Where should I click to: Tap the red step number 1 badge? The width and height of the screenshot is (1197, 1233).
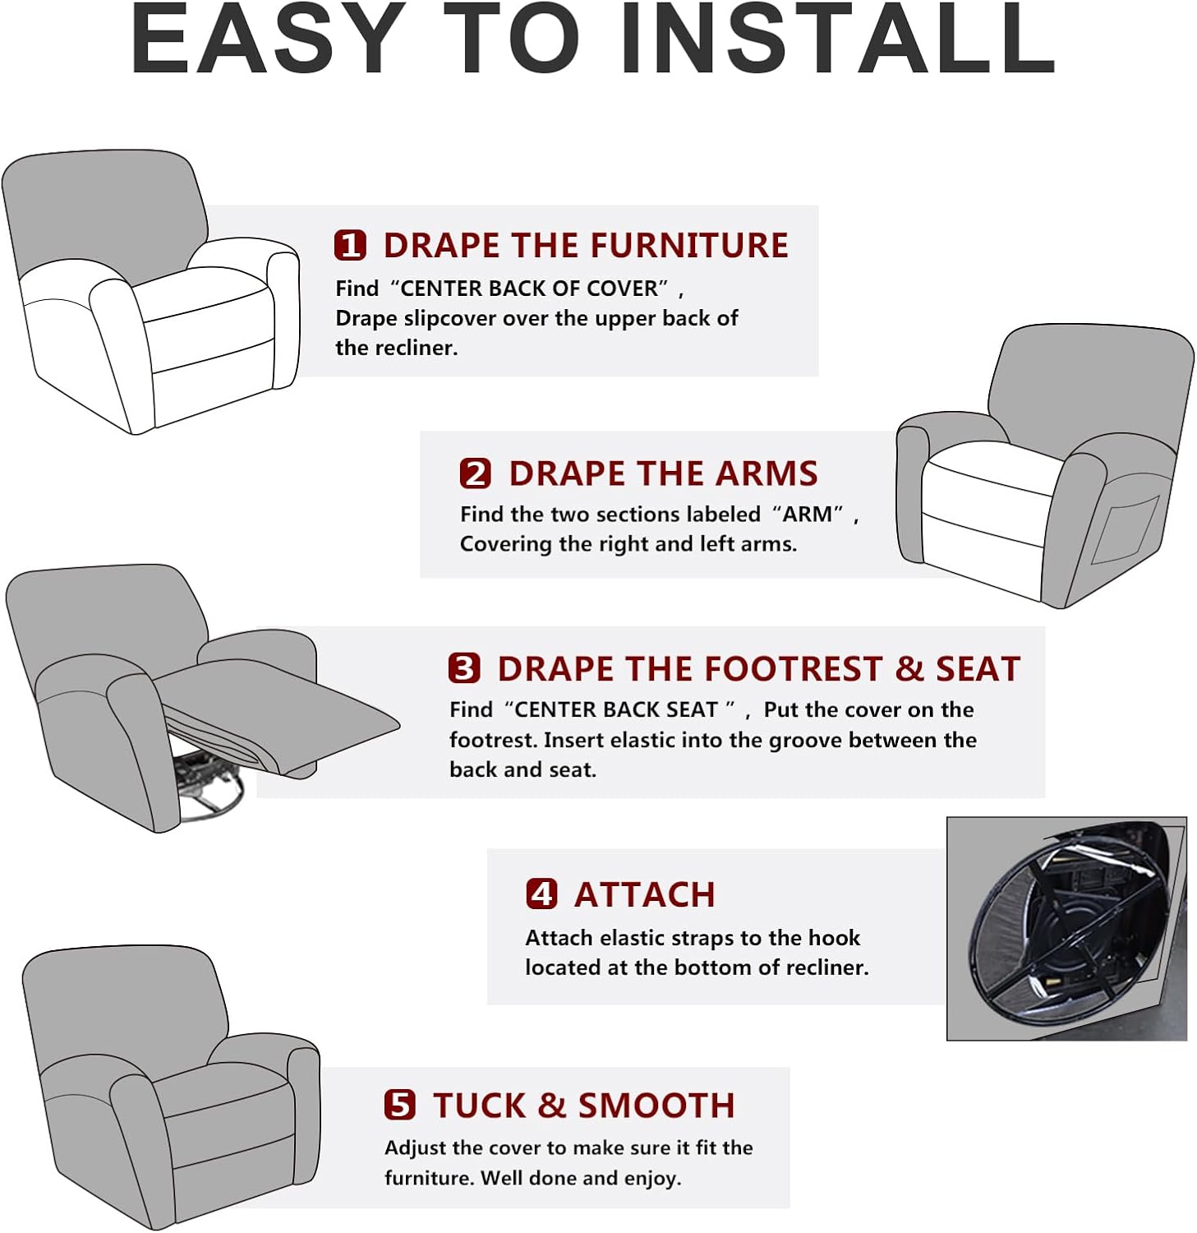point(350,245)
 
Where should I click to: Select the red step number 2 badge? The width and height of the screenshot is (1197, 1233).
point(475,473)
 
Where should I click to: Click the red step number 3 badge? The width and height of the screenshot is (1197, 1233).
point(464,668)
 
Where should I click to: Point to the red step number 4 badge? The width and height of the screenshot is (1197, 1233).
point(541,894)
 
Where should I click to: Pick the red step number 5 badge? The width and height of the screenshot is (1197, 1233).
point(400,1105)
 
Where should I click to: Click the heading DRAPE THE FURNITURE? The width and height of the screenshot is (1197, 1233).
point(586,246)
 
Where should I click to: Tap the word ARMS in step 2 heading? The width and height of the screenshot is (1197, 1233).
point(767,473)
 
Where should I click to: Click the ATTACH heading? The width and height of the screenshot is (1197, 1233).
point(645,894)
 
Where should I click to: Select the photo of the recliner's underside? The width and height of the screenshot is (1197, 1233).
point(1066,928)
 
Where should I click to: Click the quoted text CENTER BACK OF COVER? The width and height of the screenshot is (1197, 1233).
point(529,289)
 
